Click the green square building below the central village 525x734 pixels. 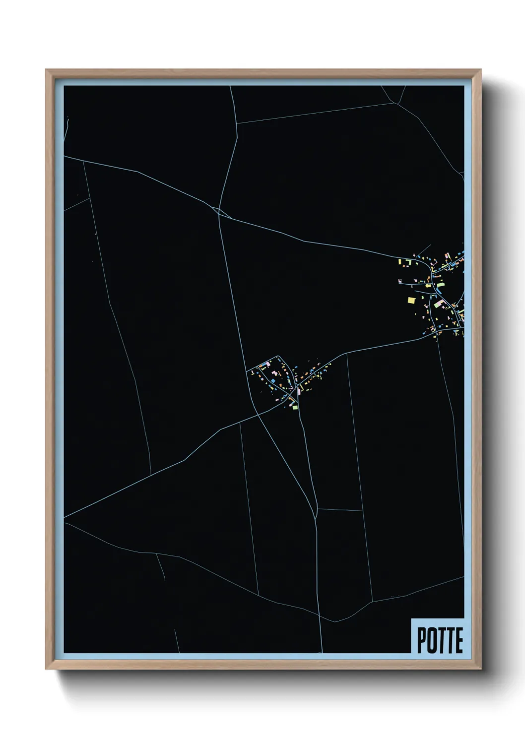tap(295, 407)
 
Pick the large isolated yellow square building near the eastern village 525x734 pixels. tap(411, 300)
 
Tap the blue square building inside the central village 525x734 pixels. tap(272, 380)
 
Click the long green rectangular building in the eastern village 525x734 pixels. tap(438, 304)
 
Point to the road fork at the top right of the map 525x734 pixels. tap(398, 103)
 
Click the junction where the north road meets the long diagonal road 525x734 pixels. tap(219, 211)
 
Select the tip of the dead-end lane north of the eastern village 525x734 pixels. tap(430, 245)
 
